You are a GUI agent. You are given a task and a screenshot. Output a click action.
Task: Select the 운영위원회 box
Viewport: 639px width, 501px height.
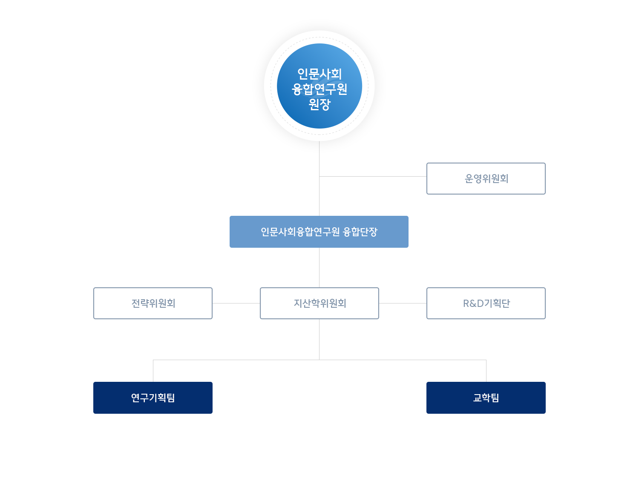point(486,179)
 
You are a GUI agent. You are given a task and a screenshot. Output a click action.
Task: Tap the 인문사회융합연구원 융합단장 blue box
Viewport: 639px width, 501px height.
point(319,232)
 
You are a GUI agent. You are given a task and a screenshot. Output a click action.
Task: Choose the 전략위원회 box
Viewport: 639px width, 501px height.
point(153,303)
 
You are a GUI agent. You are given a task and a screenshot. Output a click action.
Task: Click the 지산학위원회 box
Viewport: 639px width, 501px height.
point(319,303)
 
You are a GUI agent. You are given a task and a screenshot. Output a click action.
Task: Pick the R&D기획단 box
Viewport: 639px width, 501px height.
point(486,303)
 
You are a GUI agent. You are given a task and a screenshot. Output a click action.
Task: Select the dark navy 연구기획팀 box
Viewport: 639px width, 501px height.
point(153,398)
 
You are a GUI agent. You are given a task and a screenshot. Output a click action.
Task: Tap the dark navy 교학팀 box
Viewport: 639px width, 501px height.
point(486,398)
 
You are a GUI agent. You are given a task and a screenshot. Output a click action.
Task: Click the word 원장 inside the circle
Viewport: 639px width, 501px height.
point(319,104)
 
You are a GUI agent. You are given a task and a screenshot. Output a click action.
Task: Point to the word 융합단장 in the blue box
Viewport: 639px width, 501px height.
point(360,232)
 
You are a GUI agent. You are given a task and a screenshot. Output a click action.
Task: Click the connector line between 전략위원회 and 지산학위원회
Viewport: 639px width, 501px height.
point(236,303)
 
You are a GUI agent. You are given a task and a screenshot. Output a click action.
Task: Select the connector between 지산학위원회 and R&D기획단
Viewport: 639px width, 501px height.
point(403,303)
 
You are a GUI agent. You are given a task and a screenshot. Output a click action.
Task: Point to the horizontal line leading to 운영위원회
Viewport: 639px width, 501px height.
point(373,176)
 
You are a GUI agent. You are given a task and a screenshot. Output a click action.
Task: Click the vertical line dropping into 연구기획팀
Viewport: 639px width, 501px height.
point(153,371)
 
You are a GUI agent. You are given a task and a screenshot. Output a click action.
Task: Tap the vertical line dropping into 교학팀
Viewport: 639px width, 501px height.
point(486,371)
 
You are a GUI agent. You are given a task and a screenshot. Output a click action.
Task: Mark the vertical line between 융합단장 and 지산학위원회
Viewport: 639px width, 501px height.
point(319,267)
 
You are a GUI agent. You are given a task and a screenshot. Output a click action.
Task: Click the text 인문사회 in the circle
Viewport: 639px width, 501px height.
point(319,74)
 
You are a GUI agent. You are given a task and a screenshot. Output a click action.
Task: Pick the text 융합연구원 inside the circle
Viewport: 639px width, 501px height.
point(319,89)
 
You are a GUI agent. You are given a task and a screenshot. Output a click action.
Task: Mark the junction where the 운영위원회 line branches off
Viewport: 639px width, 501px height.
point(319,176)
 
